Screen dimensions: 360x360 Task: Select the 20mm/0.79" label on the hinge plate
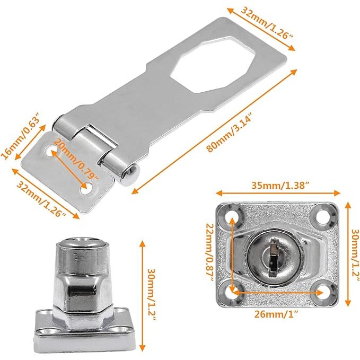(76, 159)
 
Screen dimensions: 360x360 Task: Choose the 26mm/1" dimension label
(276, 314)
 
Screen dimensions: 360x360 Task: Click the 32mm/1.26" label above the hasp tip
(267, 23)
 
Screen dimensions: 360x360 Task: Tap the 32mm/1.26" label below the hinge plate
(41, 199)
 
